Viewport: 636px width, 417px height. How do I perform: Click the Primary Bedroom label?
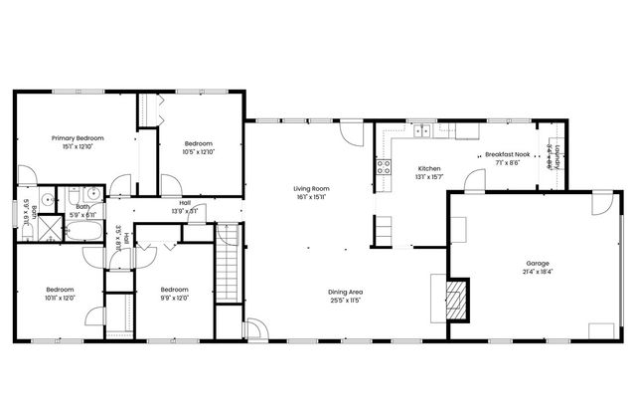pyautogui.click(x=77, y=138)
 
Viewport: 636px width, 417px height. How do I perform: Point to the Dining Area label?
pyautogui.click(x=345, y=292)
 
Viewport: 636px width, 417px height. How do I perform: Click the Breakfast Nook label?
pyautogui.click(x=505, y=154)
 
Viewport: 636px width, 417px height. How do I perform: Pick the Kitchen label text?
pyautogui.click(x=429, y=168)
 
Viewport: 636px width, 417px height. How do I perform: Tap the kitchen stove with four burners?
pyautogui.click(x=382, y=168)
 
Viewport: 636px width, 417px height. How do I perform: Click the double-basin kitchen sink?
pyautogui.click(x=423, y=129)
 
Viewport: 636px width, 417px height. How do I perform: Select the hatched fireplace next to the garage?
pyautogui.click(x=456, y=299)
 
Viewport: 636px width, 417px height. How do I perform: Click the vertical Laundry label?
pyautogui.click(x=558, y=157)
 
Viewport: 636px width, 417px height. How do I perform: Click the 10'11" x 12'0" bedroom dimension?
pyautogui.click(x=60, y=298)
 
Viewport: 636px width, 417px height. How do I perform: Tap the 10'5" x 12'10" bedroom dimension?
pyautogui.click(x=198, y=152)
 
